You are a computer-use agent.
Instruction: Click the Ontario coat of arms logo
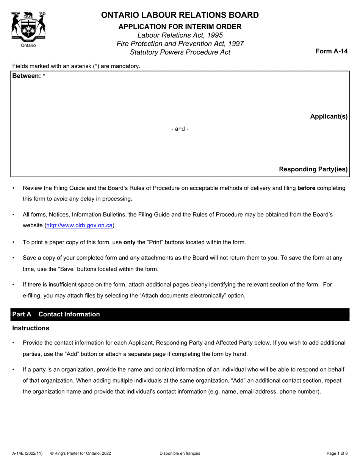[x=28, y=26]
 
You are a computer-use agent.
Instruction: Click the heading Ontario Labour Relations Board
[x=180, y=15]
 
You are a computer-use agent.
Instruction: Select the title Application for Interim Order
[x=180, y=27]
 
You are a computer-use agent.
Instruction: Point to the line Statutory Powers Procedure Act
[x=180, y=52]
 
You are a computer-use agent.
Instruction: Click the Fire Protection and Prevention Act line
[x=180, y=44]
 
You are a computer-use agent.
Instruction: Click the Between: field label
[x=27, y=76]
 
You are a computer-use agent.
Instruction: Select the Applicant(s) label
[x=329, y=117]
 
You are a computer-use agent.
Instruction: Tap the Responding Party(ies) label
[x=313, y=169]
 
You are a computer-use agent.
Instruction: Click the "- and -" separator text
[x=180, y=129]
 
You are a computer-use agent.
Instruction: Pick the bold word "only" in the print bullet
[x=129, y=242]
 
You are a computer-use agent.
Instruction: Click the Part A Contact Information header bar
[x=180, y=314]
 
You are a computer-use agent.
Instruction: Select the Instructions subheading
[x=31, y=328]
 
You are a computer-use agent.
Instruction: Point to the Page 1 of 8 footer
[x=337, y=453]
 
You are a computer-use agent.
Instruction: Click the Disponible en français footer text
[x=180, y=453]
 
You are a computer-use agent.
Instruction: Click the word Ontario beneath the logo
[x=28, y=45]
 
